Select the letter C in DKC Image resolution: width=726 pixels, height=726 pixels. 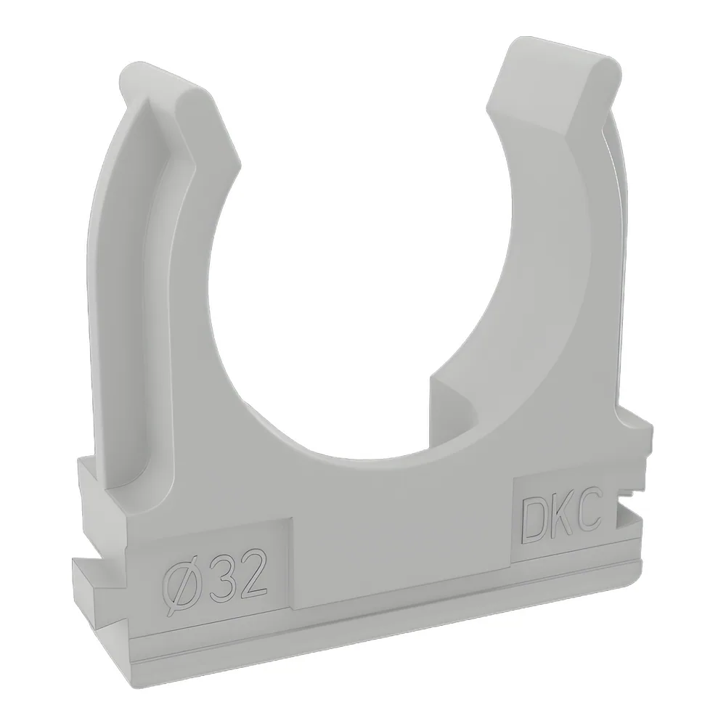tap(589, 514)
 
